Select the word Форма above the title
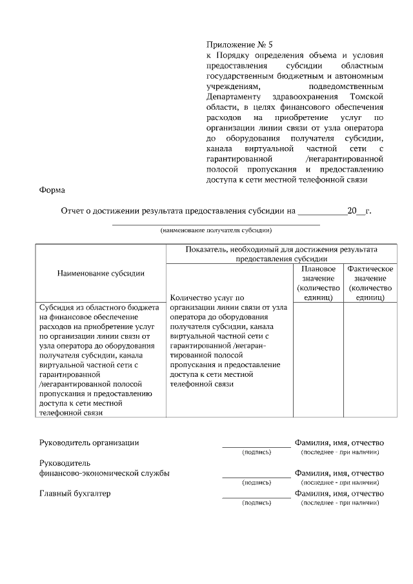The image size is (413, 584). pos(52,190)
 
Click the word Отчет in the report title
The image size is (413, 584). pos(74,210)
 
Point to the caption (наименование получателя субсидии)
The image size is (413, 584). pos(216,230)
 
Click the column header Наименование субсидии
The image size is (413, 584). pos(101,273)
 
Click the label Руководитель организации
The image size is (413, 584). pos(89,443)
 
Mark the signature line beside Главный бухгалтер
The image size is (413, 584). pos(256,498)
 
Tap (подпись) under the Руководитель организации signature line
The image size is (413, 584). pos(256,452)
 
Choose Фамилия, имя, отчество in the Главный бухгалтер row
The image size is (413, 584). pos(339,494)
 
